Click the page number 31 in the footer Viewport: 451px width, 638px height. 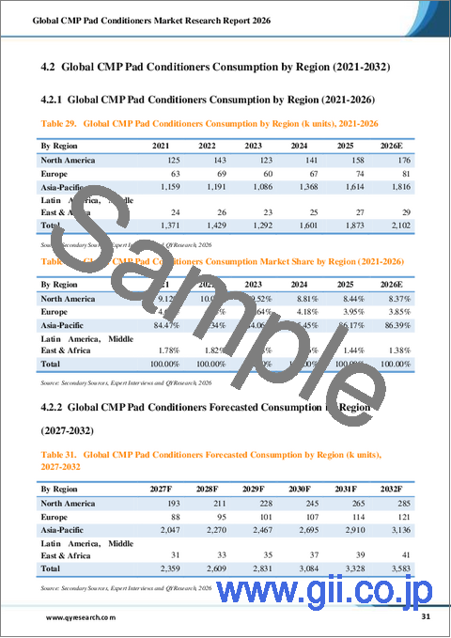(426, 616)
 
